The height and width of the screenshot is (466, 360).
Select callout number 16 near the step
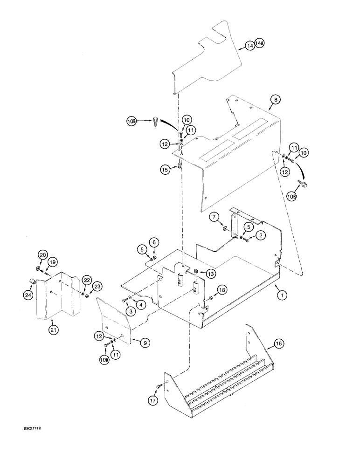[278, 344]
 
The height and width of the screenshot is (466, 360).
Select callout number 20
[42, 255]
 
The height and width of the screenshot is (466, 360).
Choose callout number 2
[261, 236]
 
